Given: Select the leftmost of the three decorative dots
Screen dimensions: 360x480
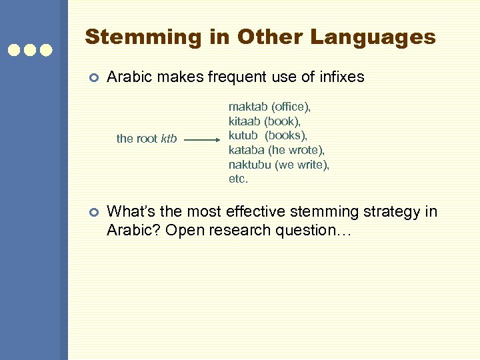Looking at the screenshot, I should [13, 50].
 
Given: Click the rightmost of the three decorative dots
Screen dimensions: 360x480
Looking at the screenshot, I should [46, 50].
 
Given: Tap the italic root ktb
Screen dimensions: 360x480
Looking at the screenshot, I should [169, 139].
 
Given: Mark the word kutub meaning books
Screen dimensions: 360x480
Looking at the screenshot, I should [243, 135].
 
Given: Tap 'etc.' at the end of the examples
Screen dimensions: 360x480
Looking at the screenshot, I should [238, 179].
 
